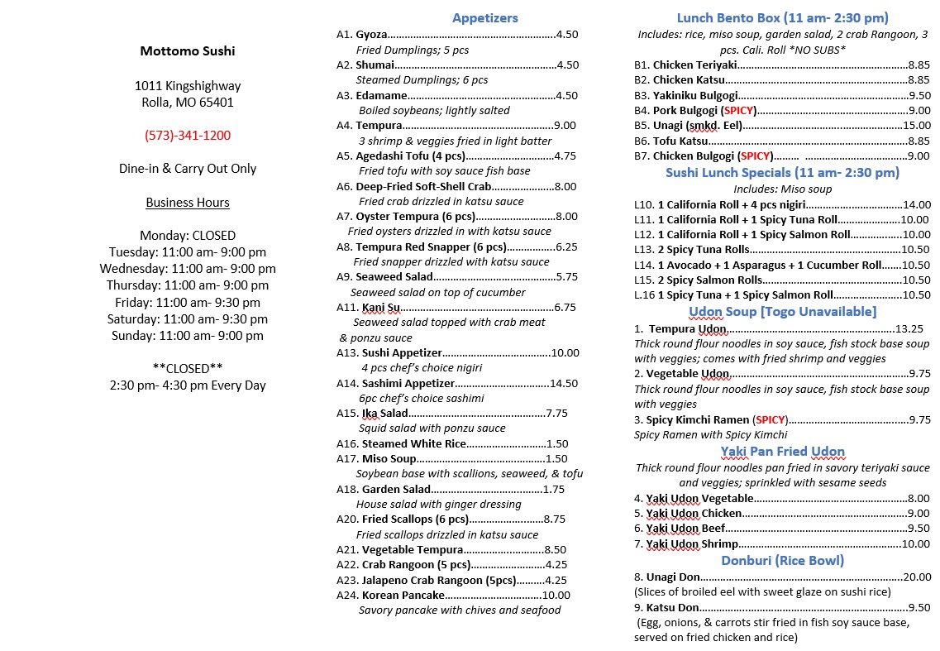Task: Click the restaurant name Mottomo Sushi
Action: (188, 50)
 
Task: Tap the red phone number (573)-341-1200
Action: (188, 135)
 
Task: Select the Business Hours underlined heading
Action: (188, 202)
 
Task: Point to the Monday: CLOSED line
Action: (188, 235)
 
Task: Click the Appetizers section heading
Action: (485, 17)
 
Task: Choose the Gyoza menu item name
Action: (371, 35)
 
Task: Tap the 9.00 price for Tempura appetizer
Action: (565, 125)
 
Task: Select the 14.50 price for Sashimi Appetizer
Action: (565, 383)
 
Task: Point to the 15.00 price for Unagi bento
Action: (916, 125)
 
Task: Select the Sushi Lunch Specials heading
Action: (782, 172)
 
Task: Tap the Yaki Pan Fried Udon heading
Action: (782, 451)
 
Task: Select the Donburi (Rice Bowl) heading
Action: (782, 560)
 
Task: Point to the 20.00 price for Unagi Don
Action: (916, 577)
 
